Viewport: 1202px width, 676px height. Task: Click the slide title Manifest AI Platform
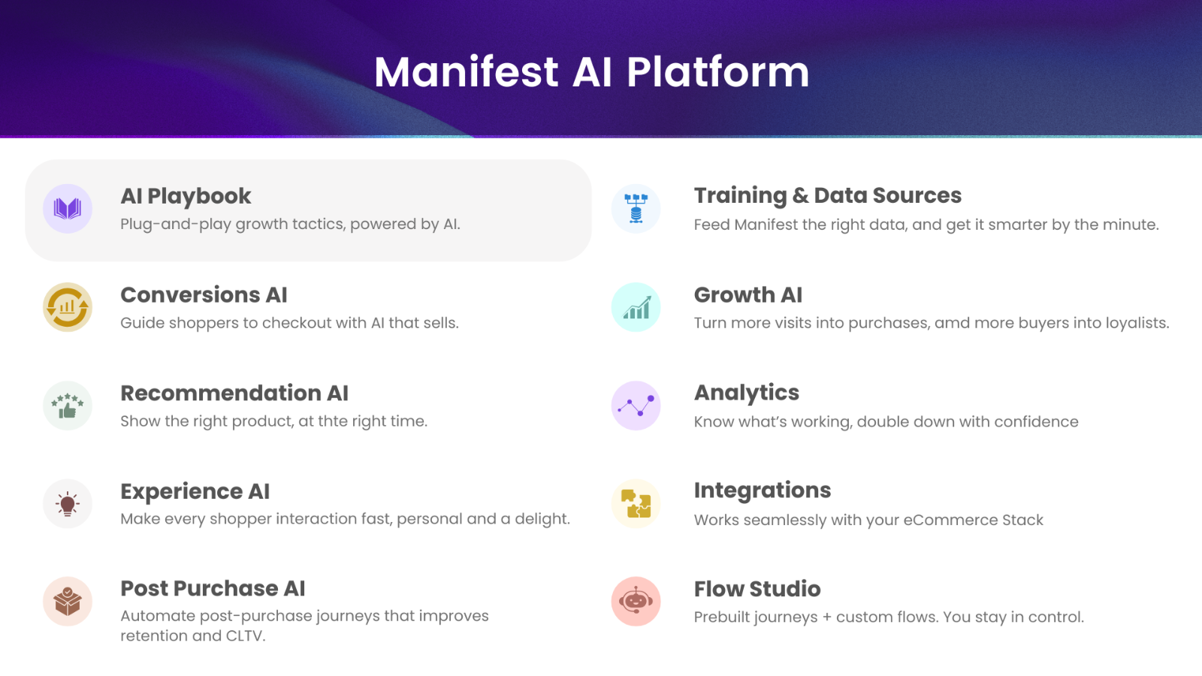coord(591,72)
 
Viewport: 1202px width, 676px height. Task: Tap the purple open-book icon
coord(68,209)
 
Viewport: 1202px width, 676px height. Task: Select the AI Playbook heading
coord(186,196)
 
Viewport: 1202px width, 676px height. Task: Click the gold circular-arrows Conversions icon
coord(68,307)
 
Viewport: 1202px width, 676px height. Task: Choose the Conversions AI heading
coord(204,295)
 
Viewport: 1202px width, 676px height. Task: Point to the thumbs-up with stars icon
coord(68,406)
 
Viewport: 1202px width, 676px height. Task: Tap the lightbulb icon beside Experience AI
coord(68,504)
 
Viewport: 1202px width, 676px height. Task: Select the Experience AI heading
coord(195,491)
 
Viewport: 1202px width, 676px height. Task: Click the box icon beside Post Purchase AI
coord(68,602)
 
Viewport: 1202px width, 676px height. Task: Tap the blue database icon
coord(636,209)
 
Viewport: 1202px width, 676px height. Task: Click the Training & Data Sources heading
coord(827,196)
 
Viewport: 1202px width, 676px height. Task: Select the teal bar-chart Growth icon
coord(636,307)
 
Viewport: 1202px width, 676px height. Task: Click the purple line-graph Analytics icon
coord(636,406)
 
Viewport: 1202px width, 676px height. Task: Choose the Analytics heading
coord(747,394)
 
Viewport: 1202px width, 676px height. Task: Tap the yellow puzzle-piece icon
coord(636,504)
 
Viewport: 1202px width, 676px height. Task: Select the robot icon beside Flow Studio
coord(636,602)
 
